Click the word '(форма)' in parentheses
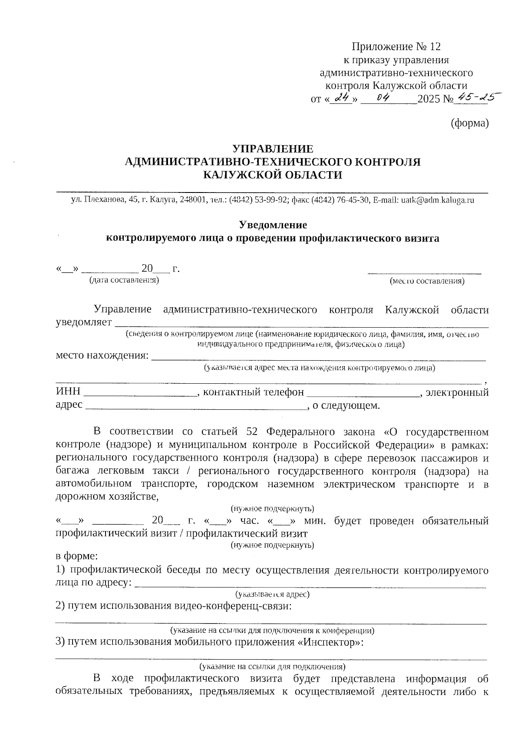470,123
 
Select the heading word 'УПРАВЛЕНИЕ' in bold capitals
273,149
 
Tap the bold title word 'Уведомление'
273,225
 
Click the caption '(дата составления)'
124,280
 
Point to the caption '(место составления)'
427,281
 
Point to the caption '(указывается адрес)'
272,594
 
